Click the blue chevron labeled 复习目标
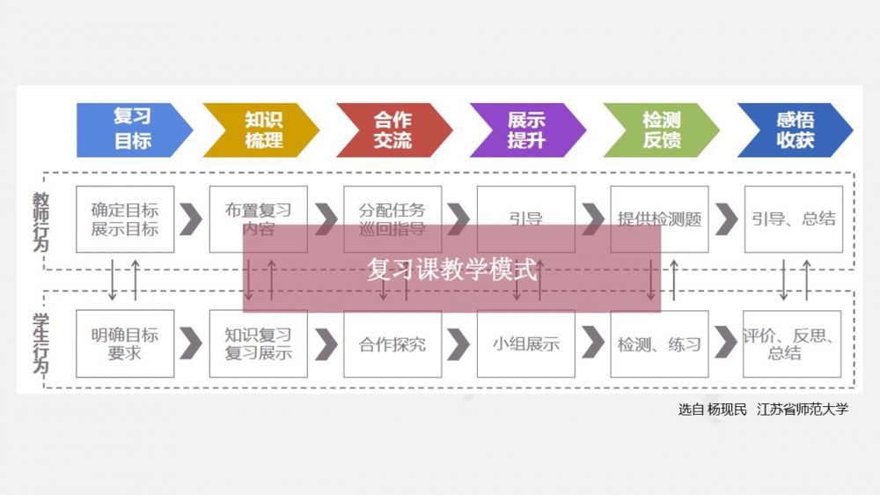point(132,129)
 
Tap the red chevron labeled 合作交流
point(392,129)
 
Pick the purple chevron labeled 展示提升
point(526,129)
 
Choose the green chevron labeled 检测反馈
point(661,129)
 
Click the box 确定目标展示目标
point(124,219)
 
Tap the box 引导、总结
point(793,219)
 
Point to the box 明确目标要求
point(124,344)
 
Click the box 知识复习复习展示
point(258,344)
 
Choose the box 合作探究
point(392,344)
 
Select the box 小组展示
point(525,344)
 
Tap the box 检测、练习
point(659,344)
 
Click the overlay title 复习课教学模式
point(451,269)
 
